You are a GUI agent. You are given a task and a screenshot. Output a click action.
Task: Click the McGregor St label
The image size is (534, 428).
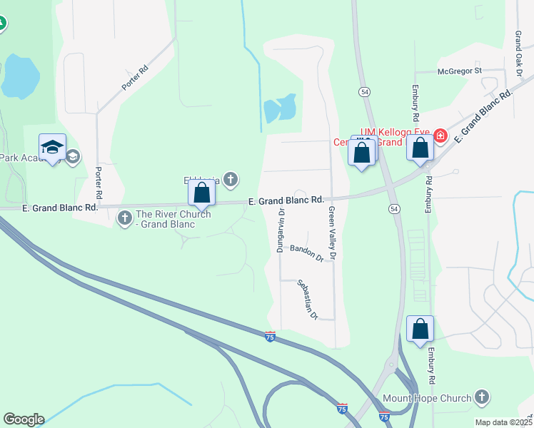click(x=460, y=71)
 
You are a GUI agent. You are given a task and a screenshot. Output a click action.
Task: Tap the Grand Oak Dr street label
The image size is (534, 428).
click(x=519, y=53)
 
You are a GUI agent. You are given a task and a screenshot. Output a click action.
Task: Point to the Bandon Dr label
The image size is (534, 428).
click(x=307, y=252)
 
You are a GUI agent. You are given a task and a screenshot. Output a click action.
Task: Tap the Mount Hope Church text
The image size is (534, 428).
click(x=427, y=398)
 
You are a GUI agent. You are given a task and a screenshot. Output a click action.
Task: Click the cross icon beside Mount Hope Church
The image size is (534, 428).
click(x=482, y=397)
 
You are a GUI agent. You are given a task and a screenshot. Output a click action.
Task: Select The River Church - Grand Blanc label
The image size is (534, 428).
click(x=173, y=219)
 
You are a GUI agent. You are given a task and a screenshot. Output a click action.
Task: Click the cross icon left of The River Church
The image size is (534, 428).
click(x=125, y=215)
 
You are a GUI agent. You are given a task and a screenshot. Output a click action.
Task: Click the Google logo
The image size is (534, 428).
click(x=24, y=419)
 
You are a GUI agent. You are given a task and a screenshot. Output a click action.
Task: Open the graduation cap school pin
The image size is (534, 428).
click(x=52, y=148)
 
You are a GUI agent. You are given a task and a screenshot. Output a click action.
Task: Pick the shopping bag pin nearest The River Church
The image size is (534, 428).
click(x=202, y=193)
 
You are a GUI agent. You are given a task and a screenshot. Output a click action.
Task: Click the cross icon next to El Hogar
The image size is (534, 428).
click(x=230, y=180)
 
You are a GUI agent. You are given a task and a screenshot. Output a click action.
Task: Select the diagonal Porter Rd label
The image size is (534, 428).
click(x=135, y=78)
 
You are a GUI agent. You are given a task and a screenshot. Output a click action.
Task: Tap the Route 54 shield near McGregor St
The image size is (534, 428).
click(x=365, y=92)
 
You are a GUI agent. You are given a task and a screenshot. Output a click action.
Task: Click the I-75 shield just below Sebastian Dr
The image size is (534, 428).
click(x=270, y=335)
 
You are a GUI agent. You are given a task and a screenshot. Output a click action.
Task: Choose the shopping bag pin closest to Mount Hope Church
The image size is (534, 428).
click(x=420, y=329)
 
